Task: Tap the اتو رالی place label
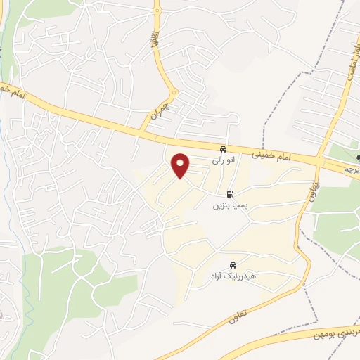coord(222,160)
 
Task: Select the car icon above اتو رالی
coord(222,149)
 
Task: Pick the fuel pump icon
coord(229,195)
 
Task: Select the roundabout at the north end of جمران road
coord(174,91)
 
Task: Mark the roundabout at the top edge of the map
coord(157,11)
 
